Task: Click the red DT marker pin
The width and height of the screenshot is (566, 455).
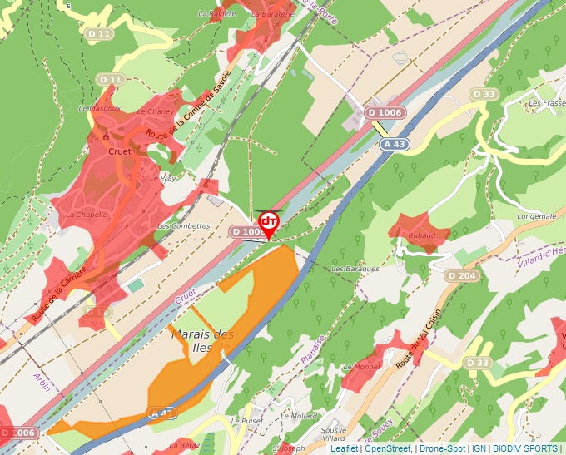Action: (268, 223)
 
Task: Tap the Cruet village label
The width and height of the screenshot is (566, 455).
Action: (120, 152)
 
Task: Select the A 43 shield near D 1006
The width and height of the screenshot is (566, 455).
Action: (395, 144)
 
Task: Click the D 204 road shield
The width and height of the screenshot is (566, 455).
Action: (461, 275)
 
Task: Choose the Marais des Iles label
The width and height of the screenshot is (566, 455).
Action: (201, 341)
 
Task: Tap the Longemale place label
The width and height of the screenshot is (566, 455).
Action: (536, 216)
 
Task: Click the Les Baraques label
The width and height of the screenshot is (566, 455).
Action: (355, 269)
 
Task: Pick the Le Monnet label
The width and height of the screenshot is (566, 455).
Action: (361, 366)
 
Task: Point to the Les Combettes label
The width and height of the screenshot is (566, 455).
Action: (183, 225)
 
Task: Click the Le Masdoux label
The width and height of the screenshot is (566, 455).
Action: (94, 108)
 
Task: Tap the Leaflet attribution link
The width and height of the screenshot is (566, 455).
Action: (344, 448)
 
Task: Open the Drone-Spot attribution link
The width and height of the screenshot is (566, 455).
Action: (441, 448)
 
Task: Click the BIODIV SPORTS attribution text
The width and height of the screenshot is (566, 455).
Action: (524, 448)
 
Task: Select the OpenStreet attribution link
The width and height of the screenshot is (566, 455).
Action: (387, 448)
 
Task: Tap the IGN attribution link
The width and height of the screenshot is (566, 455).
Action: (479, 448)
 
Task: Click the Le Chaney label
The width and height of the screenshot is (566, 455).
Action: (159, 111)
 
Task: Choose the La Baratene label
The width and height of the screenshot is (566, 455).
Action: (272, 14)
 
